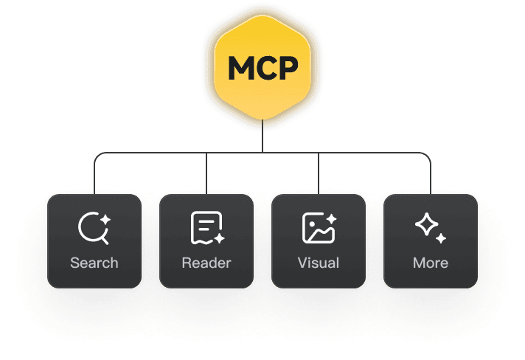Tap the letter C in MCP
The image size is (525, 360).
pos(264,69)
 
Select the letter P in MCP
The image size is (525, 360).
pos(287,69)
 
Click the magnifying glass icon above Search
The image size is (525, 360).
pos(93,228)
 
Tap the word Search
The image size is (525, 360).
pos(94,263)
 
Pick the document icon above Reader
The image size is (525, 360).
pos(206,228)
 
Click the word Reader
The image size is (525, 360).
pos(206,263)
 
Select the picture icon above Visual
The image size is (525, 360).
pos(318,229)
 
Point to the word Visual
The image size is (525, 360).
pos(319,263)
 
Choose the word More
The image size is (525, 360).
pos(431,263)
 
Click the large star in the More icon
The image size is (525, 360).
pos(426,224)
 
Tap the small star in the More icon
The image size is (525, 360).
pos(440,238)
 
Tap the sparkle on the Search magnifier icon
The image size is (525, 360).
pos(105,219)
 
